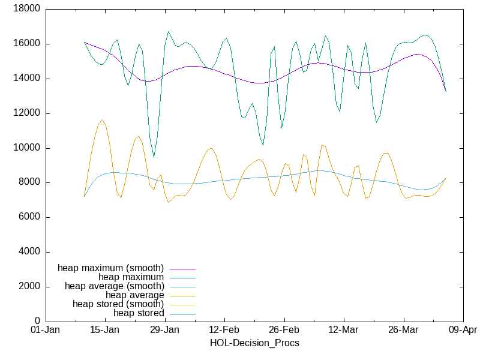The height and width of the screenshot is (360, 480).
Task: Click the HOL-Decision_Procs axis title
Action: [x=254, y=343]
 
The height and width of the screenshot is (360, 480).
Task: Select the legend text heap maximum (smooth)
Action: [x=111, y=268]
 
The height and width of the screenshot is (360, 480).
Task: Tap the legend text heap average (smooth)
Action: [x=115, y=286]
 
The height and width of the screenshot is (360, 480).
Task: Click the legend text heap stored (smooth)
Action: [x=118, y=304]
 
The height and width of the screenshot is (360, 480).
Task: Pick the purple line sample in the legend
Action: [x=182, y=268]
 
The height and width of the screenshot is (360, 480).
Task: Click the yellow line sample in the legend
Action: [x=182, y=304]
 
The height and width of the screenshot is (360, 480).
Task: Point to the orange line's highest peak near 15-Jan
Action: [x=103, y=120]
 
